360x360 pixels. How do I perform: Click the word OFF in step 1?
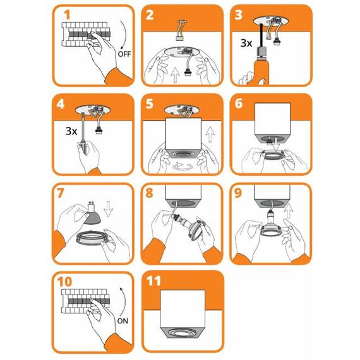124,54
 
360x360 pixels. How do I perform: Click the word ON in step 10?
123,321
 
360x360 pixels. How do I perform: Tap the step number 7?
60,193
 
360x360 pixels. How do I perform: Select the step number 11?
153,280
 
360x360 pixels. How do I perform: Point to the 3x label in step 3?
246,43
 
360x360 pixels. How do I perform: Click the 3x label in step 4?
71,131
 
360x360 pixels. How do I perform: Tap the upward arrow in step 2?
175,75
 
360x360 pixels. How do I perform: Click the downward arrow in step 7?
108,209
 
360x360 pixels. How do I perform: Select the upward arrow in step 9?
289,211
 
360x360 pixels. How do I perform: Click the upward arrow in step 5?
210,135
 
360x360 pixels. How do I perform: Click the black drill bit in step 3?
261,35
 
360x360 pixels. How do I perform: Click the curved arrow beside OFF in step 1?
125,35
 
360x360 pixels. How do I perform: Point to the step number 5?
149,104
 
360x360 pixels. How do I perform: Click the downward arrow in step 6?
277,145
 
